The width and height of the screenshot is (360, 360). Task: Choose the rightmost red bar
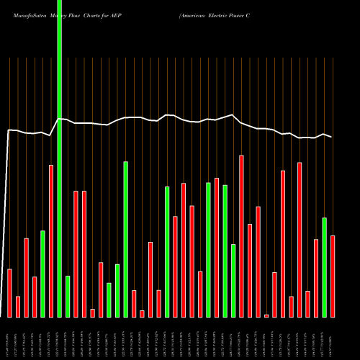coord(333,276)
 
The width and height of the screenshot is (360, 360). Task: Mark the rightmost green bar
coord(324,267)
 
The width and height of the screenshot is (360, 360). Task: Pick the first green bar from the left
coord(42,274)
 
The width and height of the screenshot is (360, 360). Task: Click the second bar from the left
coord(18,306)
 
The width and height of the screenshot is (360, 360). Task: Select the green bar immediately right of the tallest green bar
coord(68,296)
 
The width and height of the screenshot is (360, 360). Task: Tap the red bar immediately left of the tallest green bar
coord(51,240)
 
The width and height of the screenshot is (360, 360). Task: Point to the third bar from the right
coord(316,278)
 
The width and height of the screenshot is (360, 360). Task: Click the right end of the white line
coord(332,137)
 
